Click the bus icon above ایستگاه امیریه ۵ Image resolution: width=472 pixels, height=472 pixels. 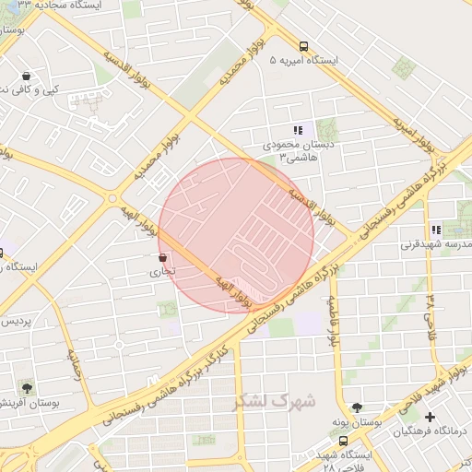click(303, 45)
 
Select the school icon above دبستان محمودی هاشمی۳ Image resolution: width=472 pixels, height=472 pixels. click(298, 131)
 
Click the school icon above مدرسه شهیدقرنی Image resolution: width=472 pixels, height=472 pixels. click(435, 230)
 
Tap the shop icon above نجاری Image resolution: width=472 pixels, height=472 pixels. click(163, 257)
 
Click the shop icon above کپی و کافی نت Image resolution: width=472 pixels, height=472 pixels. click(25, 76)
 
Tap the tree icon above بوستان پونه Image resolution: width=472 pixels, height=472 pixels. click(356, 407)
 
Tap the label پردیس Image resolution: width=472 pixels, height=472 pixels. click(16, 322)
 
